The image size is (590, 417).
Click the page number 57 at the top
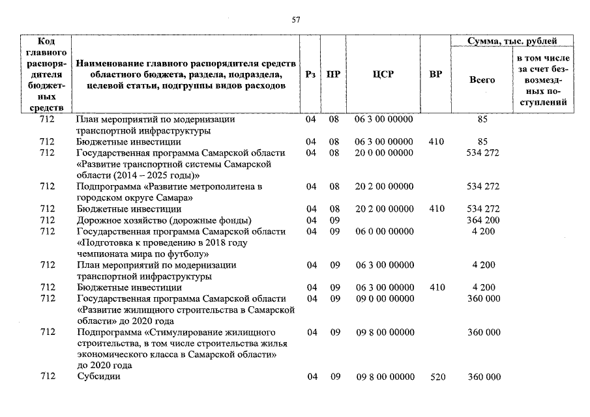tap(295, 20)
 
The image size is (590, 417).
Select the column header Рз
tap(311, 75)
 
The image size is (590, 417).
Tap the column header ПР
tap(334, 75)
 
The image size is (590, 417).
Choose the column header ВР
tap(436, 75)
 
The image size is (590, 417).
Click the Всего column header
tap(482, 80)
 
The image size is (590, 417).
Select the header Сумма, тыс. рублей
tap(512, 41)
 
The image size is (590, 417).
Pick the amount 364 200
tap(483, 220)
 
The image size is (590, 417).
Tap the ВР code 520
tap(437, 377)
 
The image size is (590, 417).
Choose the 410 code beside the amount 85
tap(437, 141)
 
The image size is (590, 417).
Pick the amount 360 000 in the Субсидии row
tap(484, 377)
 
